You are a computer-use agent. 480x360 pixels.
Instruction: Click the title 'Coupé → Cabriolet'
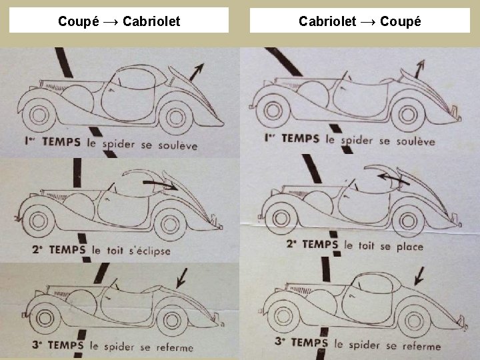coord(119,21)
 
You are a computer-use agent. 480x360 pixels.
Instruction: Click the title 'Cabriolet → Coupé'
coord(359,21)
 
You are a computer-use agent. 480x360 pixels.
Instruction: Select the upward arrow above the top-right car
coord(420,66)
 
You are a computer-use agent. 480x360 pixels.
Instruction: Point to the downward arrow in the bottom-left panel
coord(182,275)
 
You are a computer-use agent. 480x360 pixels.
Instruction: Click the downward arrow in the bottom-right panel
coord(419,274)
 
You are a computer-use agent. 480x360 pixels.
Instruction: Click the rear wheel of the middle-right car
coord(409,219)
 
